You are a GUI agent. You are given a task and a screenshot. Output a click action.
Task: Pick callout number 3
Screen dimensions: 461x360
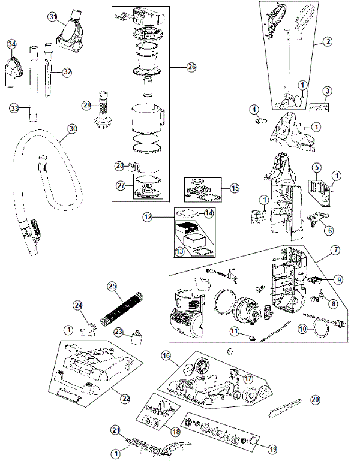[x=327, y=91]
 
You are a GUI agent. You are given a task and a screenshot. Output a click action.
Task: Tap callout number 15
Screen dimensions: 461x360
[x=235, y=188]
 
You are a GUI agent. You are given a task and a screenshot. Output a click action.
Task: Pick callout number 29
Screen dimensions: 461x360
[x=88, y=104]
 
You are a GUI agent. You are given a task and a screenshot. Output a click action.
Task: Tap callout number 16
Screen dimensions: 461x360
[x=166, y=355]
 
